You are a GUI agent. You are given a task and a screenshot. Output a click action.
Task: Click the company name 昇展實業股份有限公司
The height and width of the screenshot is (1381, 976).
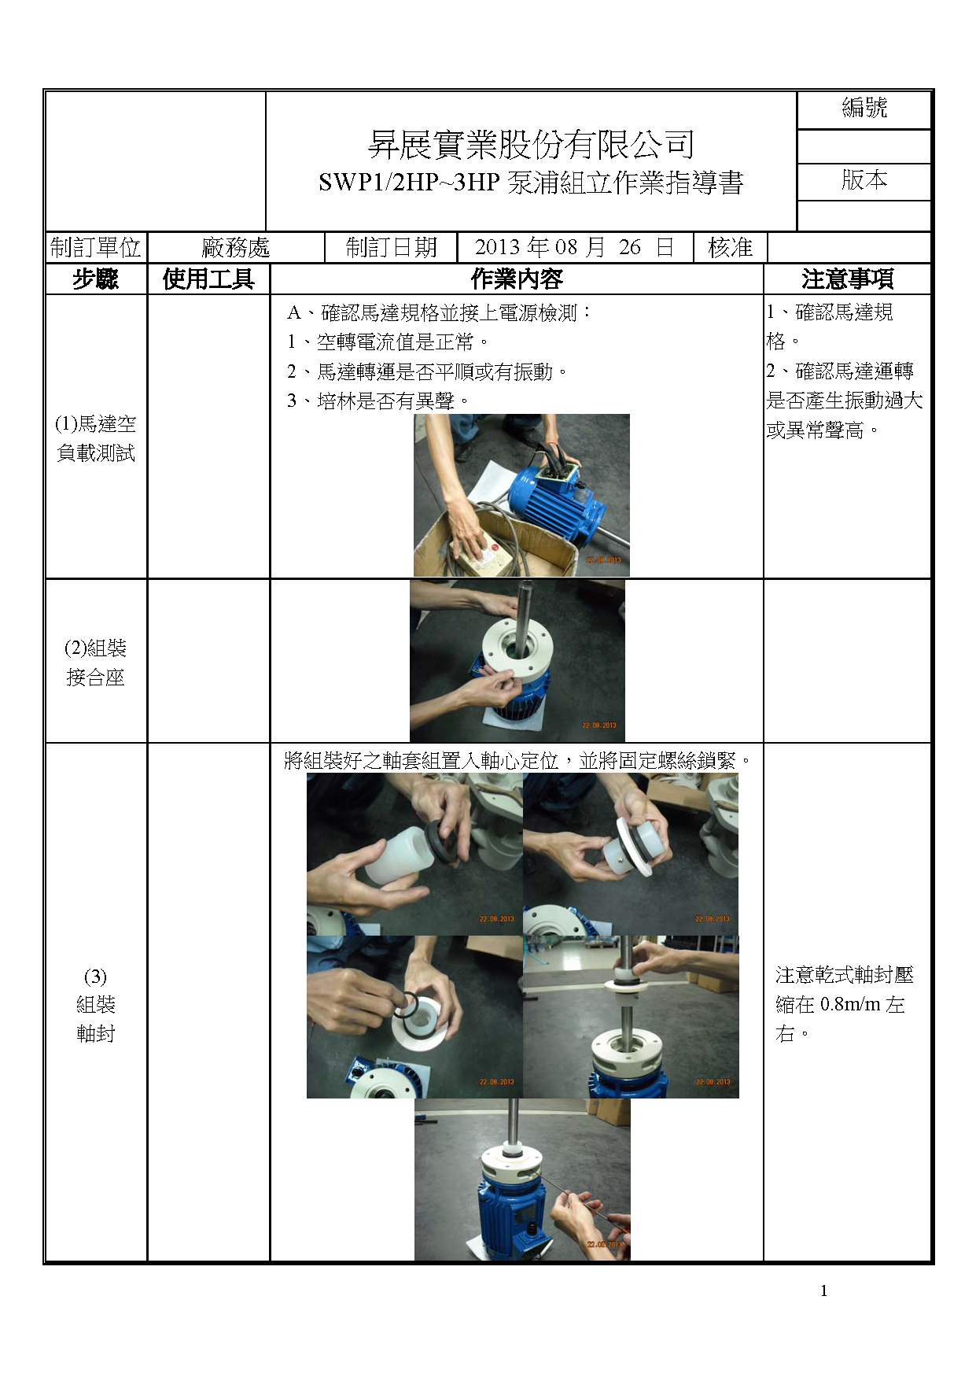click(x=532, y=144)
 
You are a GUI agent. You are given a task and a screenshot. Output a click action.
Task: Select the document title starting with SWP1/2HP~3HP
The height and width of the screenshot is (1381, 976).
click(x=531, y=183)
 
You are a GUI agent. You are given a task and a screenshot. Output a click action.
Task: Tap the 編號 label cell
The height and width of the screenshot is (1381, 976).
click(x=864, y=108)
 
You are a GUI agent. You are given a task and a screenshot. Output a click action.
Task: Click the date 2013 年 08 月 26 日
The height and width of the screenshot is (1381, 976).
click(x=574, y=247)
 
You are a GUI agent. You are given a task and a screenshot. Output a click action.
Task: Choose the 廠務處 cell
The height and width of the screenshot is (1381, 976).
click(x=236, y=248)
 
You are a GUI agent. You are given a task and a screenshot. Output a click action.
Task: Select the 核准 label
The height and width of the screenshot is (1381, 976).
click(x=730, y=247)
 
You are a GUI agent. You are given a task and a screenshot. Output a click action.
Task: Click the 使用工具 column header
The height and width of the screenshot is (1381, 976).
click(x=208, y=279)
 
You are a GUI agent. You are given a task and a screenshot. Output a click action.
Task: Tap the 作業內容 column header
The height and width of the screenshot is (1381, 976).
click(x=517, y=279)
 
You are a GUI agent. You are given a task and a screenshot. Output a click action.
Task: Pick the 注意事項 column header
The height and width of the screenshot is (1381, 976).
click(x=847, y=279)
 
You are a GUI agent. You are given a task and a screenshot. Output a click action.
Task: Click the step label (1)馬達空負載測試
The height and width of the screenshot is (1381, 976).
click(x=95, y=438)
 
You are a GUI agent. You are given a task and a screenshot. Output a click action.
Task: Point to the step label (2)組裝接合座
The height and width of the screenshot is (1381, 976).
click(x=95, y=663)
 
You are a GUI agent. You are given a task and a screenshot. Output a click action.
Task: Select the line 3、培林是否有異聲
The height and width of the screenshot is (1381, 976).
click(x=378, y=401)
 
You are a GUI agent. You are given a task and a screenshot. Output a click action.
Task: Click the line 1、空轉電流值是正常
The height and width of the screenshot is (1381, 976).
click(x=387, y=342)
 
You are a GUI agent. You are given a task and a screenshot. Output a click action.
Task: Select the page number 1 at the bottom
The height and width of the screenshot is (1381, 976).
click(x=823, y=1291)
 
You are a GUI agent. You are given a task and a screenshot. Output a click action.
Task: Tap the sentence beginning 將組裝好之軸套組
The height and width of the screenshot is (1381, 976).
click(x=518, y=761)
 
